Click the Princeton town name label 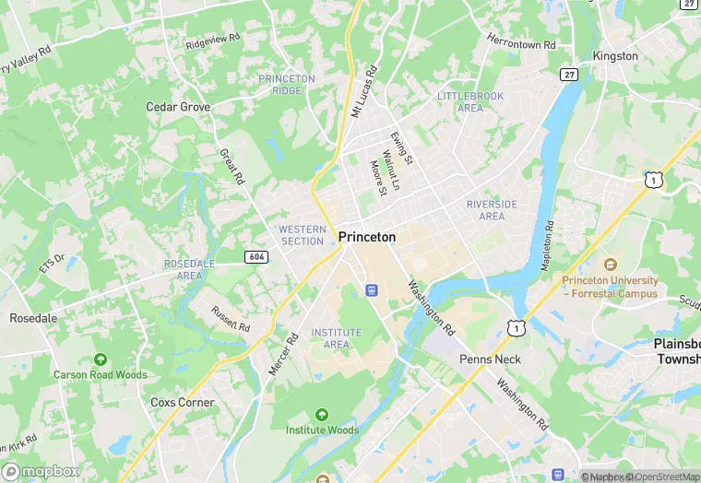[367, 237]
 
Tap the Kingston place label [615, 56]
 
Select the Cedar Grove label [178, 107]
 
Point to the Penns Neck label [490, 359]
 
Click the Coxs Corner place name [183, 403]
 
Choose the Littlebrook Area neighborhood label [471, 101]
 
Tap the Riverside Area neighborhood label [492, 209]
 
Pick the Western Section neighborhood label [303, 235]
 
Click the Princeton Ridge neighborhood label [287, 85]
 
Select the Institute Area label [337, 338]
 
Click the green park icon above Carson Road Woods [100, 359]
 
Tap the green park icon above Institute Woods [322, 414]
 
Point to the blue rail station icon [372, 290]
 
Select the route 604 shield [257, 256]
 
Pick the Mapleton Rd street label [548, 238]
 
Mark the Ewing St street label [402, 148]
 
